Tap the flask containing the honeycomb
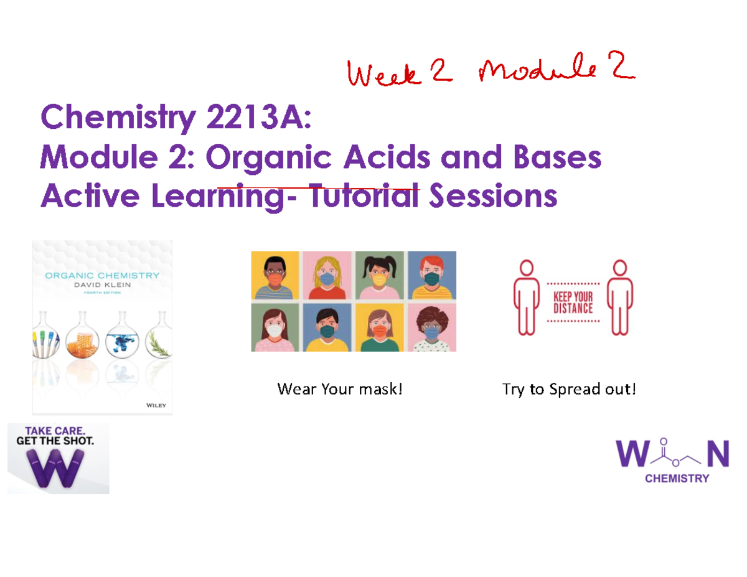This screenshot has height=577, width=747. (x=83, y=340)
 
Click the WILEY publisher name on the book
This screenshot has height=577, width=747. (x=156, y=405)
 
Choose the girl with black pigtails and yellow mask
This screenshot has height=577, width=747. (x=380, y=276)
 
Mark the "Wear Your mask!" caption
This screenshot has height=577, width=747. (x=340, y=390)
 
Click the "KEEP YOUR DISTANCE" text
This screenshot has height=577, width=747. (x=573, y=302)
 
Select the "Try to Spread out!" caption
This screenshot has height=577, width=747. (x=570, y=390)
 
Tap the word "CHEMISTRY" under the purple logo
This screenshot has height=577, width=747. (x=676, y=479)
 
